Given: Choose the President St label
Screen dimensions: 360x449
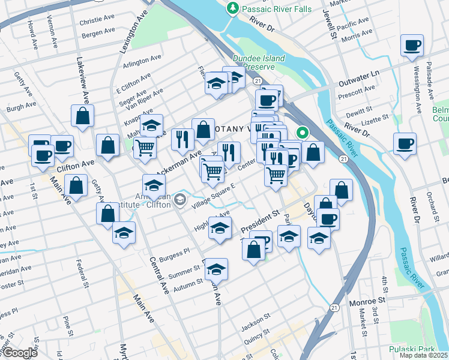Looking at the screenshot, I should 261,222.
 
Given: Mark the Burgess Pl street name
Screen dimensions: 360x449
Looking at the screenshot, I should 174,252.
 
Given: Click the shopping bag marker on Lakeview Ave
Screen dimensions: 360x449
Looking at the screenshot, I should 82,115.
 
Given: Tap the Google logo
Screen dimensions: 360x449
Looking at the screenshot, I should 19,353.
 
